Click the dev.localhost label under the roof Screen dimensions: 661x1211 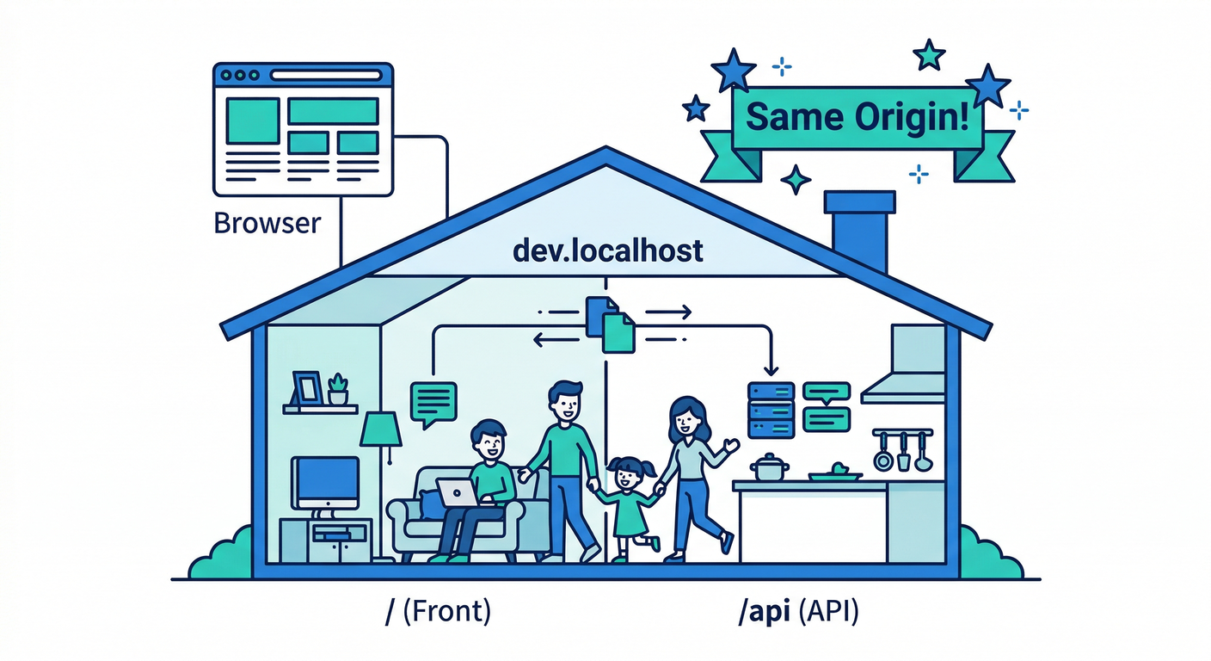point(607,251)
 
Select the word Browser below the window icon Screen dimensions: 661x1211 point(267,224)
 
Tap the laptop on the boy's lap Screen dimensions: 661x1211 point(457,492)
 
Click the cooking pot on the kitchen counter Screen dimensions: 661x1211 point(770,468)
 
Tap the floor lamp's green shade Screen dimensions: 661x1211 point(380,429)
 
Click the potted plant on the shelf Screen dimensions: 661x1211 point(338,390)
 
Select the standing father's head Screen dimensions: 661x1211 point(565,402)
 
